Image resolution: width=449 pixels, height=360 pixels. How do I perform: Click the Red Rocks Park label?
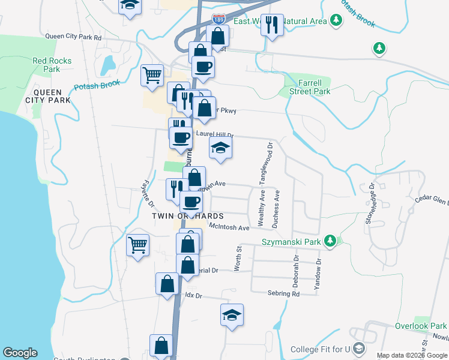coord(52,65)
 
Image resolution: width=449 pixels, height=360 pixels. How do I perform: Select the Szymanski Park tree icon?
coord(329,242)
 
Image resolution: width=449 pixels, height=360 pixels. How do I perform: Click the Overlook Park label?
coord(421,326)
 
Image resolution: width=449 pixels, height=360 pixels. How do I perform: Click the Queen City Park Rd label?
coord(74,37)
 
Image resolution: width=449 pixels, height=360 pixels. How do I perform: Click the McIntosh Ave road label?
coord(229,227)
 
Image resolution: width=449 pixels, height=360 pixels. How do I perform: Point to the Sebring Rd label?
coord(283,294)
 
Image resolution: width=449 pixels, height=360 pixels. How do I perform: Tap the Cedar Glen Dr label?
coord(432,201)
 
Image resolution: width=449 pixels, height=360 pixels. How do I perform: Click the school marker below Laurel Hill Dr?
coord(220,148)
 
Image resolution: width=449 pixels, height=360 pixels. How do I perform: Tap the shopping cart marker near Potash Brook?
coord(152,76)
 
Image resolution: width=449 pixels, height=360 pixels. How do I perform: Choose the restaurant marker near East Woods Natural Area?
coord(272,25)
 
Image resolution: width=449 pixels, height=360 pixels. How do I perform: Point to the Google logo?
coord(20,353)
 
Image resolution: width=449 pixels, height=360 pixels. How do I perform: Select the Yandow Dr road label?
coord(319,274)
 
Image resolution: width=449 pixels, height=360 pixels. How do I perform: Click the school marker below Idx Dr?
coord(232,315)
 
